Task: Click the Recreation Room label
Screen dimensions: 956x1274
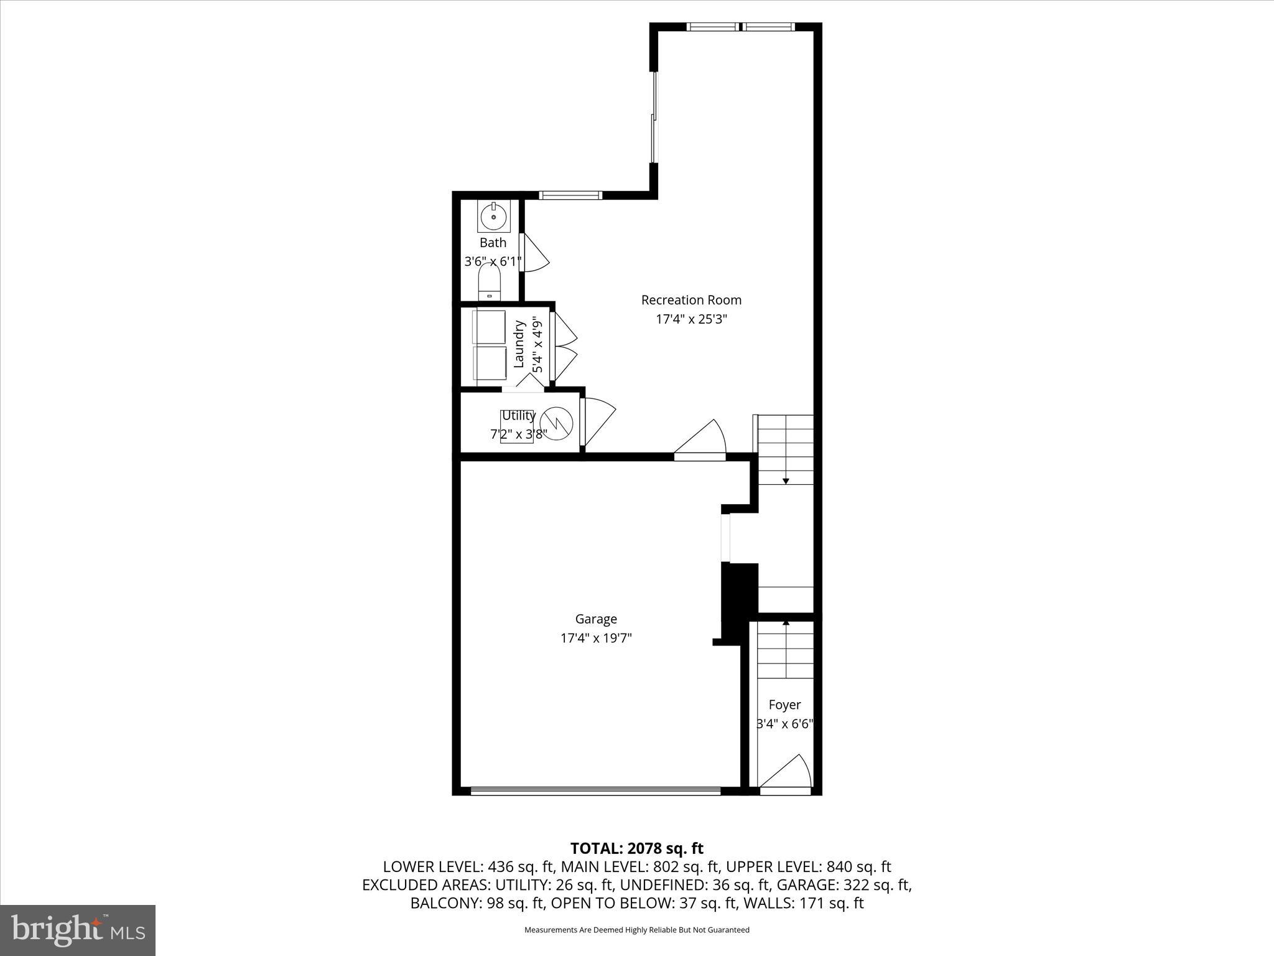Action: click(691, 300)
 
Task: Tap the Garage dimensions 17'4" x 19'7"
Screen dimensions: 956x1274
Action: click(596, 638)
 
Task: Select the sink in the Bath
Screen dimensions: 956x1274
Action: click(494, 217)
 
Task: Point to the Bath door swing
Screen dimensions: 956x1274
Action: click(533, 253)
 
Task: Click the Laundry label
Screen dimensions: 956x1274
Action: click(519, 344)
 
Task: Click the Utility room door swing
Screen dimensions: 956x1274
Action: click(598, 424)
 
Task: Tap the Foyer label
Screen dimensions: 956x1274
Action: click(784, 705)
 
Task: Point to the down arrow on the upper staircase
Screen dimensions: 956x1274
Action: click(786, 480)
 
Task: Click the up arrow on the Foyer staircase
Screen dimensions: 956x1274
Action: click(786, 622)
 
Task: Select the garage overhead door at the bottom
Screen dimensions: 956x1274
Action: click(595, 791)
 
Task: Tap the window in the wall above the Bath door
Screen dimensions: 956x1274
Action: click(570, 195)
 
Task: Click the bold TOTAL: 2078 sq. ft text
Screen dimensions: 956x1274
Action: click(636, 848)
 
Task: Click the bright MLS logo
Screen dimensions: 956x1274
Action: click(78, 930)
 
